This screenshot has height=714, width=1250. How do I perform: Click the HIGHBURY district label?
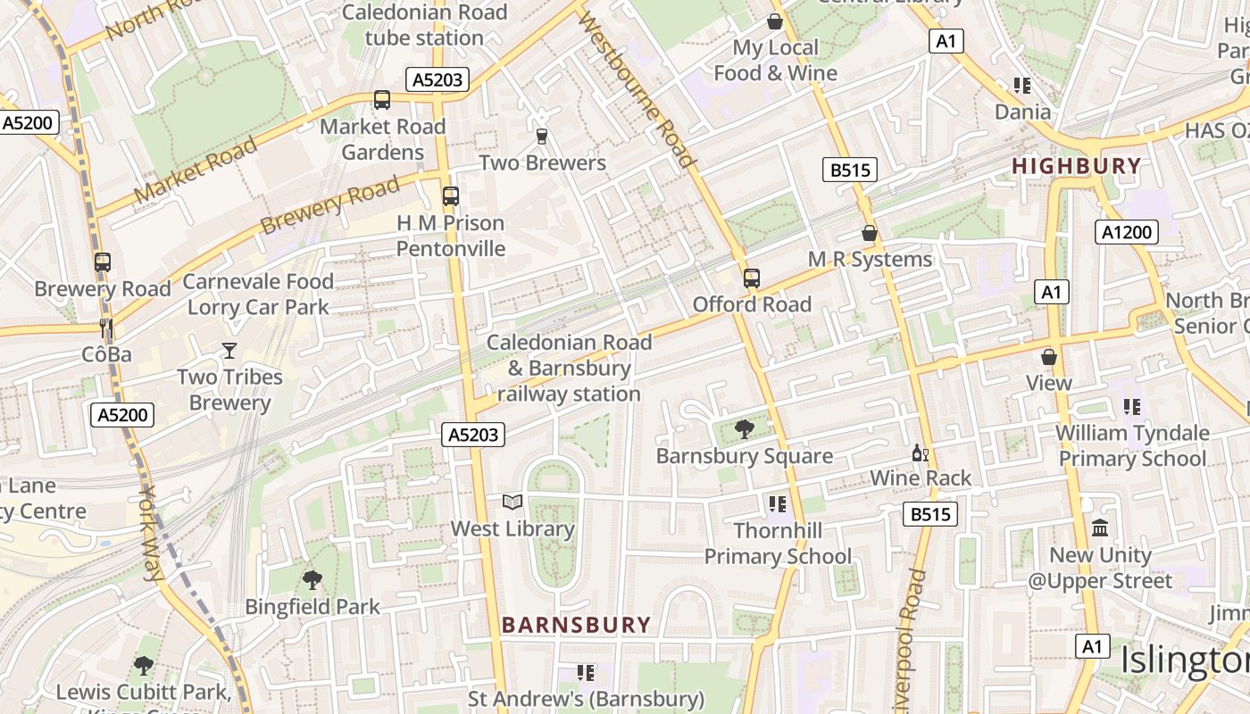pyautogui.click(x=1076, y=166)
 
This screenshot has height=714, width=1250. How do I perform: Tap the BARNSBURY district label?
pyautogui.click(x=576, y=625)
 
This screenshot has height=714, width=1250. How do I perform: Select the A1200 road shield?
pyautogui.click(x=1126, y=233)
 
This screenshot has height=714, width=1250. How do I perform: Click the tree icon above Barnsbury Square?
pyautogui.click(x=744, y=430)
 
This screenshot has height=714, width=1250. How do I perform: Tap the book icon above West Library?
pyautogui.click(x=512, y=502)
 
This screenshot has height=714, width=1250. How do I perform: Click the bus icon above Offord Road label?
pyautogui.click(x=752, y=278)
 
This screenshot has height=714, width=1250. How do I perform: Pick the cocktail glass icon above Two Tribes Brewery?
pyautogui.click(x=229, y=351)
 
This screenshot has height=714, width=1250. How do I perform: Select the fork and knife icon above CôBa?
pyautogui.click(x=106, y=328)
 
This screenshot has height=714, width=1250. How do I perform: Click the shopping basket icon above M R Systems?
pyautogui.click(x=870, y=234)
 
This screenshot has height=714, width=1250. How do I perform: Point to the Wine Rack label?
pyautogui.click(x=921, y=478)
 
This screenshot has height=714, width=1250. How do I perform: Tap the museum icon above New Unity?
pyautogui.click(x=1100, y=528)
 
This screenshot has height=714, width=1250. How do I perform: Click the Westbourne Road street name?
pyautogui.click(x=637, y=89)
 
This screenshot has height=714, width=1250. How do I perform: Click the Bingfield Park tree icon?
pyautogui.click(x=312, y=580)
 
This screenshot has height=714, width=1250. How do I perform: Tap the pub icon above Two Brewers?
pyautogui.click(x=541, y=137)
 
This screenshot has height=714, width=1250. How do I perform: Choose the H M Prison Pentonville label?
pyautogui.click(x=451, y=236)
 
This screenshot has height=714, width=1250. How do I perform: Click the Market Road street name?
pyautogui.click(x=196, y=169)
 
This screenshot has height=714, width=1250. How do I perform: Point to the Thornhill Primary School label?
pyautogui.click(x=778, y=544)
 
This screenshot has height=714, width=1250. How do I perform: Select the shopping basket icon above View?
pyautogui.click(x=1049, y=357)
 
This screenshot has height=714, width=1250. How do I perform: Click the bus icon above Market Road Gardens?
pyautogui.click(x=382, y=100)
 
